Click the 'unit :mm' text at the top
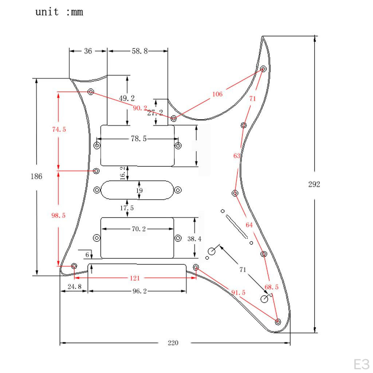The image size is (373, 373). (x=59, y=12)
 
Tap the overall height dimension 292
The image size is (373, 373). (x=314, y=184)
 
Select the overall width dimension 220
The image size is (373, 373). (x=173, y=343)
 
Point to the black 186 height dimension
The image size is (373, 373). (x=36, y=176)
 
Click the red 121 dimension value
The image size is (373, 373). (x=135, y=278)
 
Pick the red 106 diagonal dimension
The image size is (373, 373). (x=217, y=94)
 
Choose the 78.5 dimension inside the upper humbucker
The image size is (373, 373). (x=138, y=139)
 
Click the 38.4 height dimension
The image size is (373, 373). (x=194, y=239)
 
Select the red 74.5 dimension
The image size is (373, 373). (x=59, y=129)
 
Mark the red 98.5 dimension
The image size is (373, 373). (x=58, y=216)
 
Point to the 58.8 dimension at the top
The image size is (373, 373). (x=140, y=51)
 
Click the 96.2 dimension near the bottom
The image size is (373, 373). (x=138, y=291)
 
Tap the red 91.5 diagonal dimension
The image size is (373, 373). (x=238, y=292)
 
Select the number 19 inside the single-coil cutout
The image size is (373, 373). (x=139, y=191)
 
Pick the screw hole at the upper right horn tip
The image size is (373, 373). (x=264, y=69)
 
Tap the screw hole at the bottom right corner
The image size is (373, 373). (x=278, y=322)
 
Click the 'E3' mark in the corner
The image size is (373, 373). (x=361, y=364)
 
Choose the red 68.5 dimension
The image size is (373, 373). (x=271, y=287)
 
